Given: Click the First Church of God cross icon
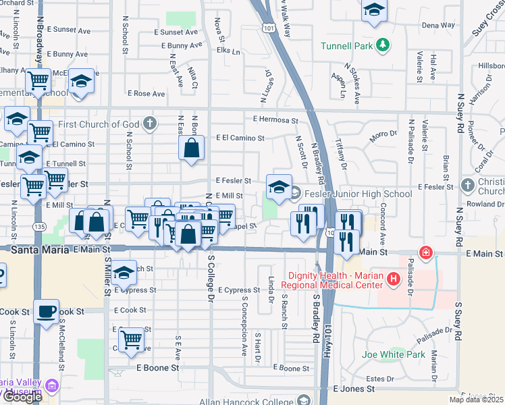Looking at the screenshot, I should (150, 124).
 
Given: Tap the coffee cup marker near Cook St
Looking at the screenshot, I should (46, 311).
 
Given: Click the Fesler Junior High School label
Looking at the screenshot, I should (358, 194).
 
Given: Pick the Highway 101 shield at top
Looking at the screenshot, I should (269, 28).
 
